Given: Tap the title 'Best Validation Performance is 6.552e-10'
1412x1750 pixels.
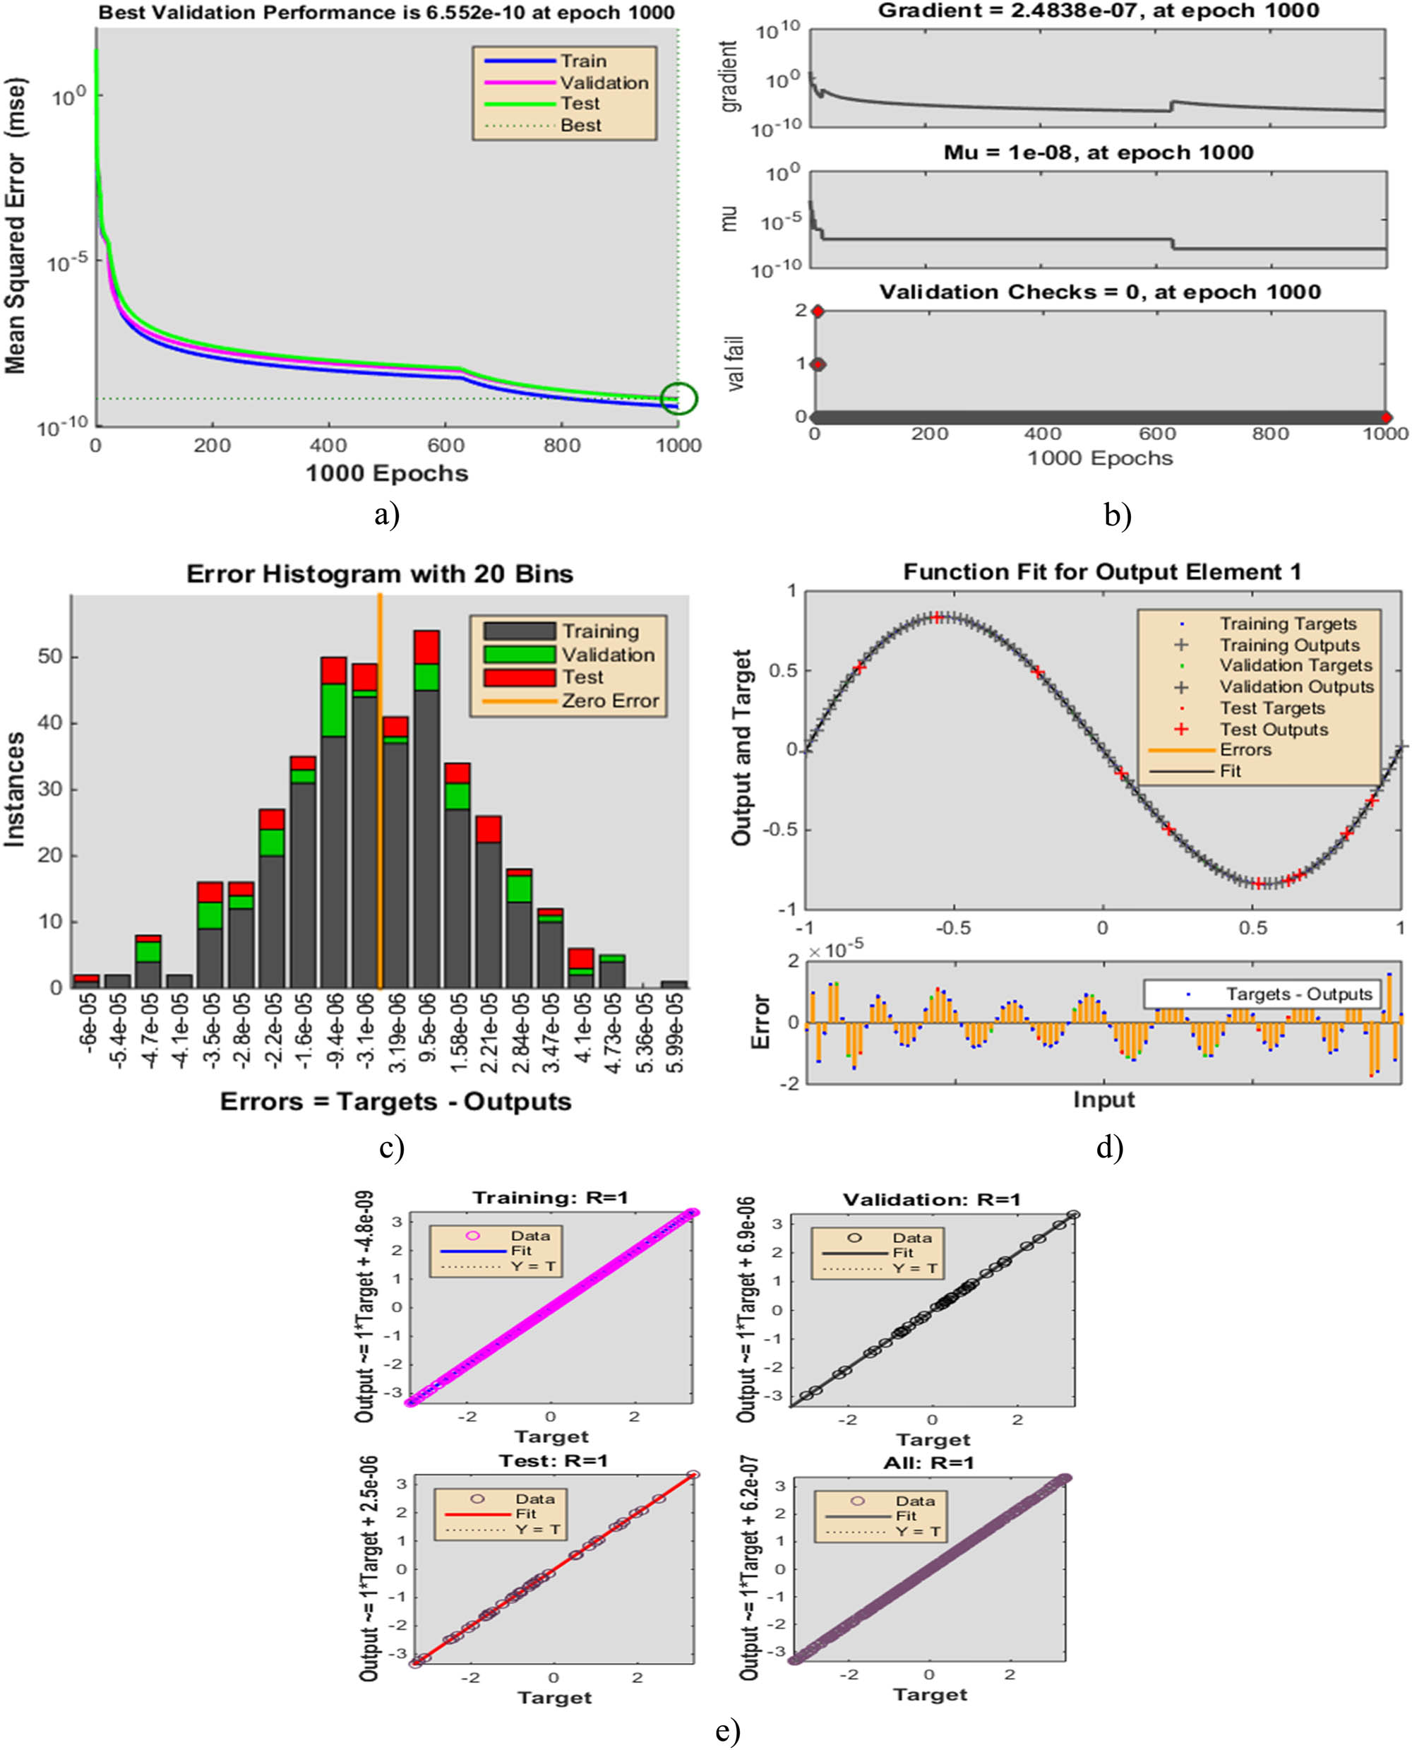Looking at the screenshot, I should (386, 12).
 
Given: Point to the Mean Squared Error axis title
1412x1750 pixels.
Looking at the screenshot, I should (16, 226).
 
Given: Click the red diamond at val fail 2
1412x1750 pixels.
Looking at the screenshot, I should (818, 311).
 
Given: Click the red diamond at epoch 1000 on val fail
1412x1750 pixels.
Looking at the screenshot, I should (1386, 417).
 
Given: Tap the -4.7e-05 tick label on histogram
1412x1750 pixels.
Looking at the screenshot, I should (148, 1028).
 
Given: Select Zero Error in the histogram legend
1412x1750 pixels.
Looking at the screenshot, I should (609, 701).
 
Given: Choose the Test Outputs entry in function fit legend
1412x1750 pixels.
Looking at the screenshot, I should (1273, 730).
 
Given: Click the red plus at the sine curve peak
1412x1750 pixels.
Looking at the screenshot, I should (938, 617).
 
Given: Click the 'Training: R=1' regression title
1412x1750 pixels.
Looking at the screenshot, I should (550, 1198).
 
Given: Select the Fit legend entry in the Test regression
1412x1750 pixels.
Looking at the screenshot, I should (525, 1513).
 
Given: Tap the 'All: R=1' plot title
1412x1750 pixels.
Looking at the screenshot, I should (928, 1463).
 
